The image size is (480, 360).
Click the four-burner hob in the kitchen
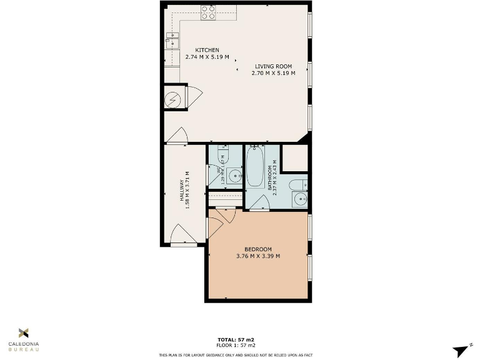pos(208,12)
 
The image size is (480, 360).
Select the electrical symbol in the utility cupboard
pos(174,99)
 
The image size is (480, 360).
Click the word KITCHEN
pos(207,50)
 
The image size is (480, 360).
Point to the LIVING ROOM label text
pos(272,66)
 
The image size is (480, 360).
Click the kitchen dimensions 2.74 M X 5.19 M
pos(207,57)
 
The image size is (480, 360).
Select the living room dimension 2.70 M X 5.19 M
pos(272,73)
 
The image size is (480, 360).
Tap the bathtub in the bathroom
pos(254,166)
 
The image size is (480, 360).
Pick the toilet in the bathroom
pos(299,184)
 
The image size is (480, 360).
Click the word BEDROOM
pos(257,249)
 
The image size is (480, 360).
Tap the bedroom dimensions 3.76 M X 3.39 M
pos(257,256)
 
